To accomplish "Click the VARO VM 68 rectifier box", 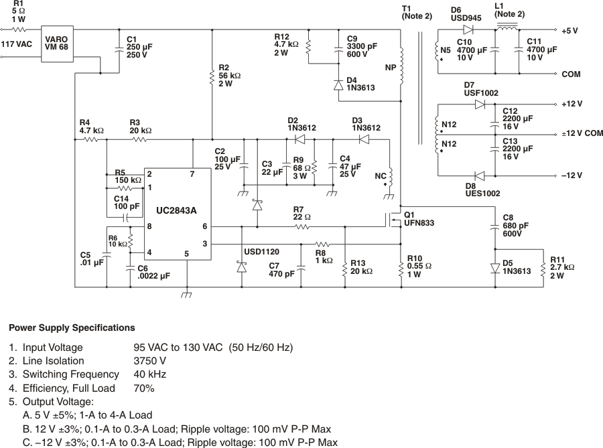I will click(x=56, y=44).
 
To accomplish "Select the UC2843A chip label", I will click(x=176, y=210).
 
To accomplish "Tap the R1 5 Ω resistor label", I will click(x=19, y=11).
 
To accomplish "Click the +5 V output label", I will click(x=570, y=31).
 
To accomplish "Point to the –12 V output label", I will click(x=572, y=175).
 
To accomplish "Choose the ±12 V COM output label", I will click(x=582, y=134).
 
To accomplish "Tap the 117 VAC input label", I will click(x=17, y=44).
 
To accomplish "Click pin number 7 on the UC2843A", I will click(x=192, y=174).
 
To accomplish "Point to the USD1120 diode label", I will click(x=261, y=252).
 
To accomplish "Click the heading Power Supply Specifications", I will click(x=72, y=328).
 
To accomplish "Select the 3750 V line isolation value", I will click(x=150, y=361).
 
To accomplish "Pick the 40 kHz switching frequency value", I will click(x=149, y=374).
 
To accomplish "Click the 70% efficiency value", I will click(x=144, y=388).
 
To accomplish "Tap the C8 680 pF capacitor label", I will click(x=516, y=225).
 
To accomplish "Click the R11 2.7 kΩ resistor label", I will click(x=562, y=267).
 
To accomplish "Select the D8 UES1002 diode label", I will click(x=481, y=190).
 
